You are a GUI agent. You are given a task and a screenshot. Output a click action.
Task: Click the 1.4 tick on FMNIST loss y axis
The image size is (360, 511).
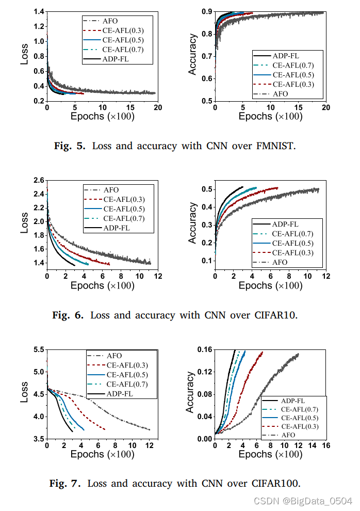click(38, 11)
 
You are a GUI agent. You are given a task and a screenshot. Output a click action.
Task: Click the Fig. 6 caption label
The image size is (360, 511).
click(68, 315)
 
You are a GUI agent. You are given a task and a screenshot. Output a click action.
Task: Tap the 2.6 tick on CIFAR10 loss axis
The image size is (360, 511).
click(38, 181)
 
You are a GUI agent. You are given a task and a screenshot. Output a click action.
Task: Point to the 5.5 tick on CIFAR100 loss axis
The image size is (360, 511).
click(38, 350)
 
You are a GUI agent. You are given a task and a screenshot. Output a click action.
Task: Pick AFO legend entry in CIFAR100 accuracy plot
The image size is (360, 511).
click(289, 435)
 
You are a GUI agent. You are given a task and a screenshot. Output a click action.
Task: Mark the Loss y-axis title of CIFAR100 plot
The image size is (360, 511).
click(24, 393)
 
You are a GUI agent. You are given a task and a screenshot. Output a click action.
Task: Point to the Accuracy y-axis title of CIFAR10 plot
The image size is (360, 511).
click(192, 223)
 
